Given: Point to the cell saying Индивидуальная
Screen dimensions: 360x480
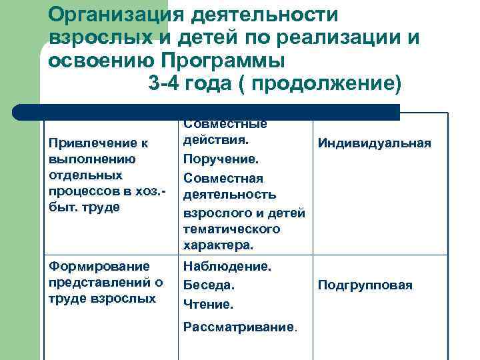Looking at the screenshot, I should (x=374, y=143).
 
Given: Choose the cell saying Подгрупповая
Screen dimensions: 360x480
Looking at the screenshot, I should (x=365, y=285).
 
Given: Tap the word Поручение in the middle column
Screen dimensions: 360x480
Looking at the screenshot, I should (x=221, y=159).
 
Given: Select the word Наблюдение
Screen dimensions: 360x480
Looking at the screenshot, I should (x=227, y=266).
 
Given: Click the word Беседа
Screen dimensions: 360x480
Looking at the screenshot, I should (x=209, y=285).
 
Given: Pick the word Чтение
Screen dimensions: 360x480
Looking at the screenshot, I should (x=208, y=304).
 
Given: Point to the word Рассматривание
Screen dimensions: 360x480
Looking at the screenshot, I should (x=239, y=327).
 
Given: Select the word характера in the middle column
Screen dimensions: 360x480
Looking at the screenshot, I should (x=217, y=245).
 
